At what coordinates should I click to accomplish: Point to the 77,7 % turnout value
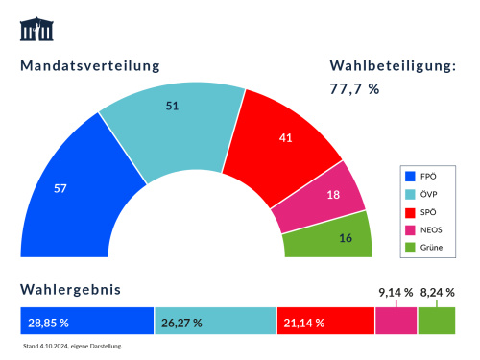pos(355,88)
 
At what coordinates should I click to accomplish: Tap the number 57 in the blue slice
pos(60,188)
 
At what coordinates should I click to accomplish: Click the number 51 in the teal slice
pos(173,106)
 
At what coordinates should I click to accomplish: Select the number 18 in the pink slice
pos(334,195)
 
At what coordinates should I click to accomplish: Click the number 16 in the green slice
pos(347,238)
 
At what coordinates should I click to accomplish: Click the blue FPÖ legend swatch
pos(410,176)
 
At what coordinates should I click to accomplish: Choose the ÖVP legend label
pos(429,194)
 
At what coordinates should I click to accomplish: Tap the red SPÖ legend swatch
pos(410,211)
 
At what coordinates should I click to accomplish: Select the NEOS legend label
pos(433,229)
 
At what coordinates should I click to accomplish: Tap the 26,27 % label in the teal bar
pos(181,323)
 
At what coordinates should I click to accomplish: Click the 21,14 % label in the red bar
pos(303,323)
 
